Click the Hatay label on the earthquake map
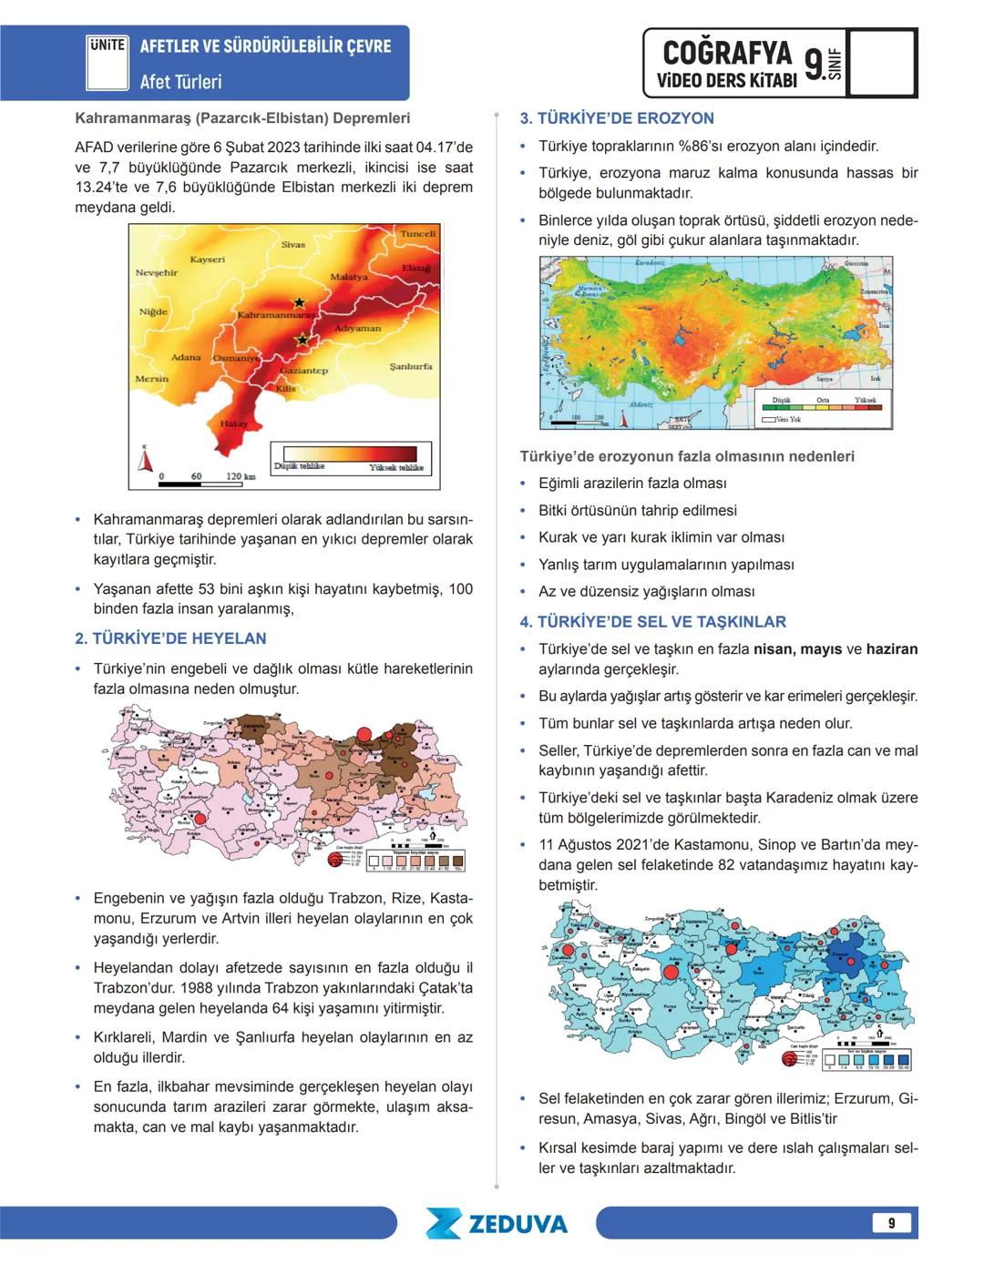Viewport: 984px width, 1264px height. [x=234, y=423]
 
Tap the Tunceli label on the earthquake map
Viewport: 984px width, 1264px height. [x=418, y=234]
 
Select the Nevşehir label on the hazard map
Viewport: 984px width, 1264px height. [x=157, y=272]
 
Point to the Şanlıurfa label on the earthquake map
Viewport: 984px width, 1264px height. [x=411, y=366]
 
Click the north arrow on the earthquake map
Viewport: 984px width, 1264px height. [x=145, y=460]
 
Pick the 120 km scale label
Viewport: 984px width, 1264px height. [x=241, y=476]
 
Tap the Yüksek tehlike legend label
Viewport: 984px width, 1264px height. [x=396, y=467]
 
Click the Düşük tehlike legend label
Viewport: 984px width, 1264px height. [x=299, y=466]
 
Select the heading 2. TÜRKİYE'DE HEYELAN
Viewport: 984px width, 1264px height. [x=170, y=638]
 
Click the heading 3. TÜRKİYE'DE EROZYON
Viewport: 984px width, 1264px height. [x=617, y=118]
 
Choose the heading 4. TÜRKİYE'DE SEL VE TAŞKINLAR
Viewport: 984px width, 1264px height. [x=652, y=622]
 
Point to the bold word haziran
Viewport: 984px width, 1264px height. [x=892, y=649]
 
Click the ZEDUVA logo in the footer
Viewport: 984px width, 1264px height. [x=497, y=1223]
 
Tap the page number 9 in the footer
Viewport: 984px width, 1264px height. [x=891, y=1223]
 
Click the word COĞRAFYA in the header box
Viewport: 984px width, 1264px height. [x=727, y=53]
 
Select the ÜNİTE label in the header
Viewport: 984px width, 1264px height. [x=107, y=45]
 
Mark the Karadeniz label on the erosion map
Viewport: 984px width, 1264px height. [x=650, y=262]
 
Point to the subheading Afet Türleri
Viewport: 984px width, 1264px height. [x=180, y=82]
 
